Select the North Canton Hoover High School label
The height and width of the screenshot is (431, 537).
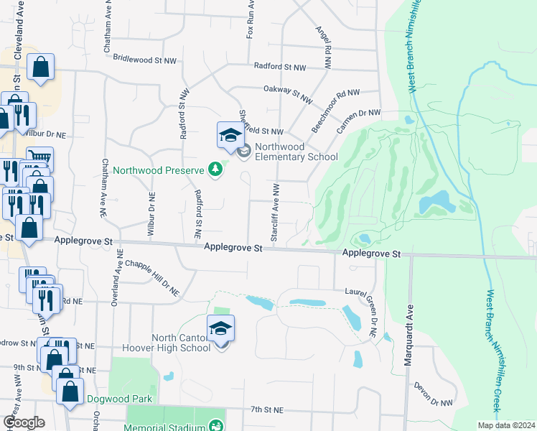[x=180, y=343]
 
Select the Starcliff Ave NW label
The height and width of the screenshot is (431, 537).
[x=275, y=211]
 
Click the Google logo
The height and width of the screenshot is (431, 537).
[x=24, y=422]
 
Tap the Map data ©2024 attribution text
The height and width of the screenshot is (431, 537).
[x=506, y=425]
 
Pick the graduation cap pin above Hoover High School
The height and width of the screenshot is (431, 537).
[x=221, y=329]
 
